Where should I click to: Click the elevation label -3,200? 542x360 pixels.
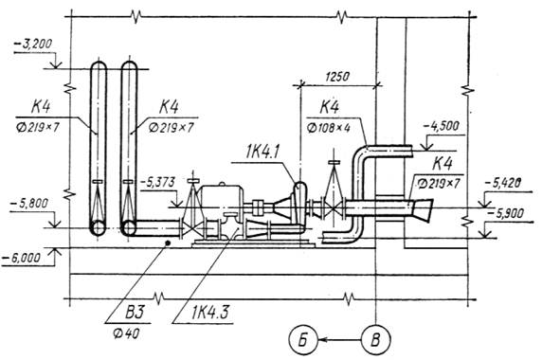(x=33, y=45)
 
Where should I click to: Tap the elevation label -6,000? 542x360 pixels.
(x=21, y=258)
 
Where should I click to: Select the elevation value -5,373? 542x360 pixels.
(x=158, y=182)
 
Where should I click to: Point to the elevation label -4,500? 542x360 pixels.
(x=442, y=126)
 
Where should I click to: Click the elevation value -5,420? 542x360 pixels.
(x=503, y=183)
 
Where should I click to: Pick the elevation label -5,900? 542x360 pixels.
(x=505, y=213)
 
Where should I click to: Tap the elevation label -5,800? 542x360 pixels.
(x=29, y=203)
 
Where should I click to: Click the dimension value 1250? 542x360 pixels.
(x=337, y=77)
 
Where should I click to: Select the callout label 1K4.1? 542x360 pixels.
(x=262, y=153)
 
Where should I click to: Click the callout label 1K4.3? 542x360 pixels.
(x=209, y=313)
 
